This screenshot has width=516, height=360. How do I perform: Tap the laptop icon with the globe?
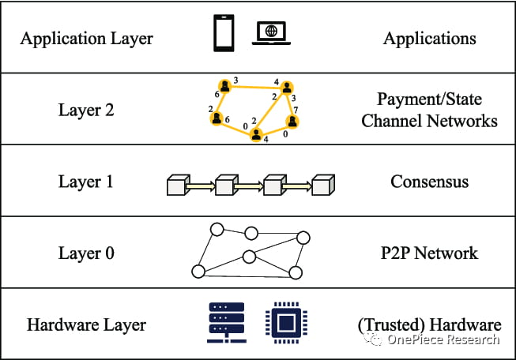click(270, 34)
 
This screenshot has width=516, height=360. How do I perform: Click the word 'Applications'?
click(429, 38)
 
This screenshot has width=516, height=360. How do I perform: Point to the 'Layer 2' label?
click(86, 110)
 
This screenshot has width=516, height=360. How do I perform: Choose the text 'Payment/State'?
click(429, 100)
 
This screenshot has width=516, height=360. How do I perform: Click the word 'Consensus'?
click(429, 182)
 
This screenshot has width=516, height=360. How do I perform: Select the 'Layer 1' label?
click(86, 182)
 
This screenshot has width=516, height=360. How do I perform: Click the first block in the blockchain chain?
click(176, 186)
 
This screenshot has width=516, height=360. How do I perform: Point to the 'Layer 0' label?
click(86, 253)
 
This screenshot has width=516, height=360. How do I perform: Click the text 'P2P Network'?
click(429, 253)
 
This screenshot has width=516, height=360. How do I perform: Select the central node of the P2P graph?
click(249, 256)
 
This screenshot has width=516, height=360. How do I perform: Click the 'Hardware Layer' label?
click(86, 324)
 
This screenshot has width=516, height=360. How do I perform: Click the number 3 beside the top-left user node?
click(235, 80)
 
